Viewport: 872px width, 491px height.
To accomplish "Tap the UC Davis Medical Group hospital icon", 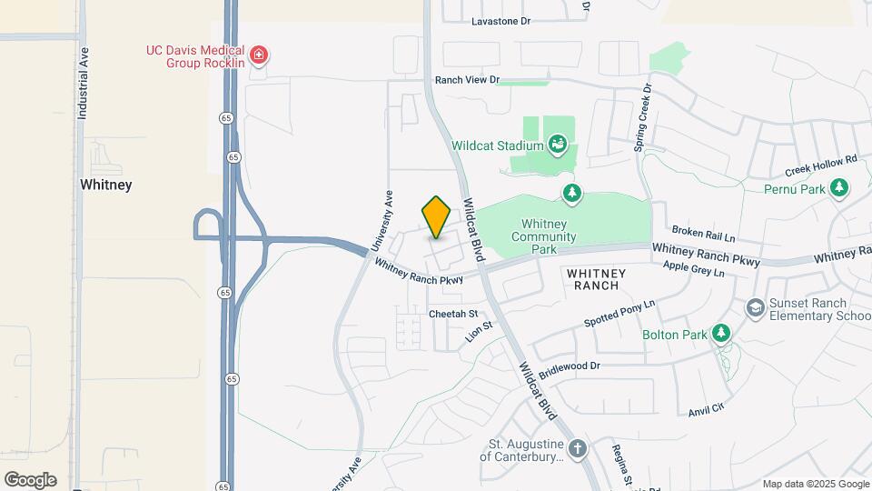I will [x=260, y=55].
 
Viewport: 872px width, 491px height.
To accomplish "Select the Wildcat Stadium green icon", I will [x=559, y=144].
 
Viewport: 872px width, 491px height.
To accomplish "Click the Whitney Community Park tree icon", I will [x=571, y=192].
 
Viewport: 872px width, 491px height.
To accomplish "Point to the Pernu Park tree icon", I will [x=841, y=188].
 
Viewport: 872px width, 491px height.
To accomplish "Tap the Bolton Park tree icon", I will [x=721, y=334].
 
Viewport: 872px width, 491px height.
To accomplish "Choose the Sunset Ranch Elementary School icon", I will [x=755, y=309].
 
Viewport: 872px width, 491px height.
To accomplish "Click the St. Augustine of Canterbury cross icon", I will [x=578, y=448].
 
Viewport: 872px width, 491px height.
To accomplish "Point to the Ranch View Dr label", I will [x=467, y=80].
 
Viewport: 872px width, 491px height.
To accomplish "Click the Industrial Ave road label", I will [x=83, y=84].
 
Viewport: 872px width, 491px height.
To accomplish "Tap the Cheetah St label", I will [x=453, y=313].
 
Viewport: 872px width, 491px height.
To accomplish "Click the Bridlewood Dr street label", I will [x=570, y=367].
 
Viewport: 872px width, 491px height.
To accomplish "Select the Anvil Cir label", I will [x=706, y=409].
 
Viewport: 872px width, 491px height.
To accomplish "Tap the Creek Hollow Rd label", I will [x=821, y=166].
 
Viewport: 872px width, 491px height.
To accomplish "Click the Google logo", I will [x=30, y=479].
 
